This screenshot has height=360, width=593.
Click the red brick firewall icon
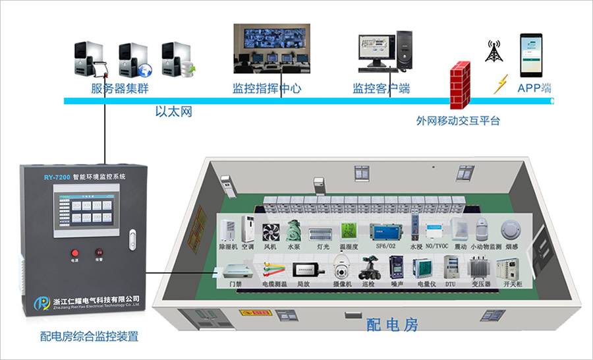click(x=460, y=84)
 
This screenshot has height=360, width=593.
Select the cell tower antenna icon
click(x=493, y=51)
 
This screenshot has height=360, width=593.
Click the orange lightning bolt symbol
click(x=501, y=84)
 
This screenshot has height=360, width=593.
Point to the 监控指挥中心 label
click(x=267, y=88)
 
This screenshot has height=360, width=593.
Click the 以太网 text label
click(x=173, y=112)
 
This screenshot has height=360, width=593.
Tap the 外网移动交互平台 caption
click(x=458, y=121)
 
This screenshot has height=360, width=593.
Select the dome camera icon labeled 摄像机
click(x=342, y=268)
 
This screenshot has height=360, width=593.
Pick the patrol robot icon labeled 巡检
click(x=368, y=268)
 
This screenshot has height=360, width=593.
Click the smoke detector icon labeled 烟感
click(x=509, y=229)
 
